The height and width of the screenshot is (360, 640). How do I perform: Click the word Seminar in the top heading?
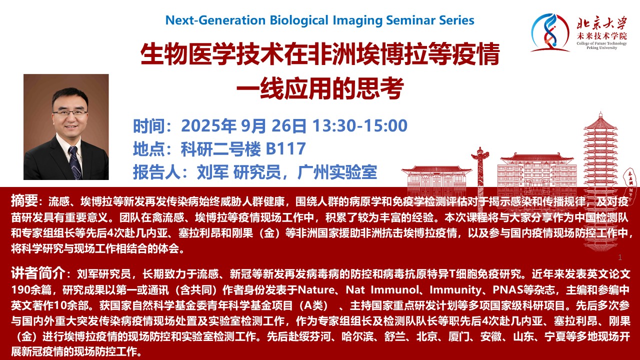(409, 20)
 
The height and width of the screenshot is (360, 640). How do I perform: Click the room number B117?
(285, 148)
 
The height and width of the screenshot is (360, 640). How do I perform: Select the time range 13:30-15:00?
(360, 125)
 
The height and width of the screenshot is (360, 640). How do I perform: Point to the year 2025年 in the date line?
(208, 125)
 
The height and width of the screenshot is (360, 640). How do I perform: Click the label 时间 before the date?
(149, 126)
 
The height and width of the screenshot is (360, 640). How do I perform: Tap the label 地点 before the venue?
(149, 149)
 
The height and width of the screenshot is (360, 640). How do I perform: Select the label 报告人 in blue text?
(156, 172)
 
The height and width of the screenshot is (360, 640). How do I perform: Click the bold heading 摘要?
(24, 200)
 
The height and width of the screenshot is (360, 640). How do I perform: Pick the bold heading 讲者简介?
(37, 273)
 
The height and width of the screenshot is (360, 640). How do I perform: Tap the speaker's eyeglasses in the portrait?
(70, 112)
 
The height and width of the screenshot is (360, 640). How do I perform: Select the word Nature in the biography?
(315, 289)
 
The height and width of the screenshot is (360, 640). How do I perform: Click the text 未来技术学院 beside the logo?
(601, 36)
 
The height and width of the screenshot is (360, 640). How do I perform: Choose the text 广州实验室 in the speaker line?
(337, 172)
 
